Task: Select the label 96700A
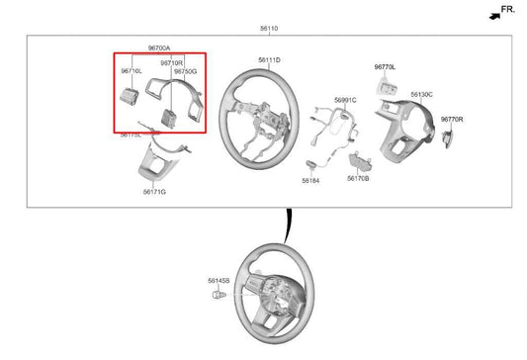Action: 159,47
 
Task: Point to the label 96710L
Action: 132,71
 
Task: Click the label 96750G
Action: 186,71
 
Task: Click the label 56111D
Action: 269,60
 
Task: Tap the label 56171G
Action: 154,191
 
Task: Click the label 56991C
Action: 345,100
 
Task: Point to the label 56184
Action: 310,181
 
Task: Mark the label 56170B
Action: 358,179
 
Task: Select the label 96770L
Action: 386,67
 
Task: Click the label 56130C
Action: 422,94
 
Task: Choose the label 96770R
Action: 452,119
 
